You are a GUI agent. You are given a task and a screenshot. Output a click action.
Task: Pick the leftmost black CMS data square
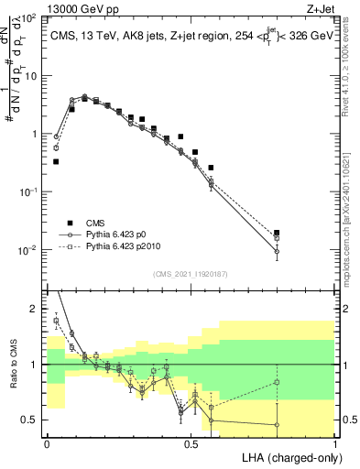point(56,161)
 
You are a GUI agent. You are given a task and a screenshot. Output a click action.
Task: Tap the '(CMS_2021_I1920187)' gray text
point(191,272)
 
